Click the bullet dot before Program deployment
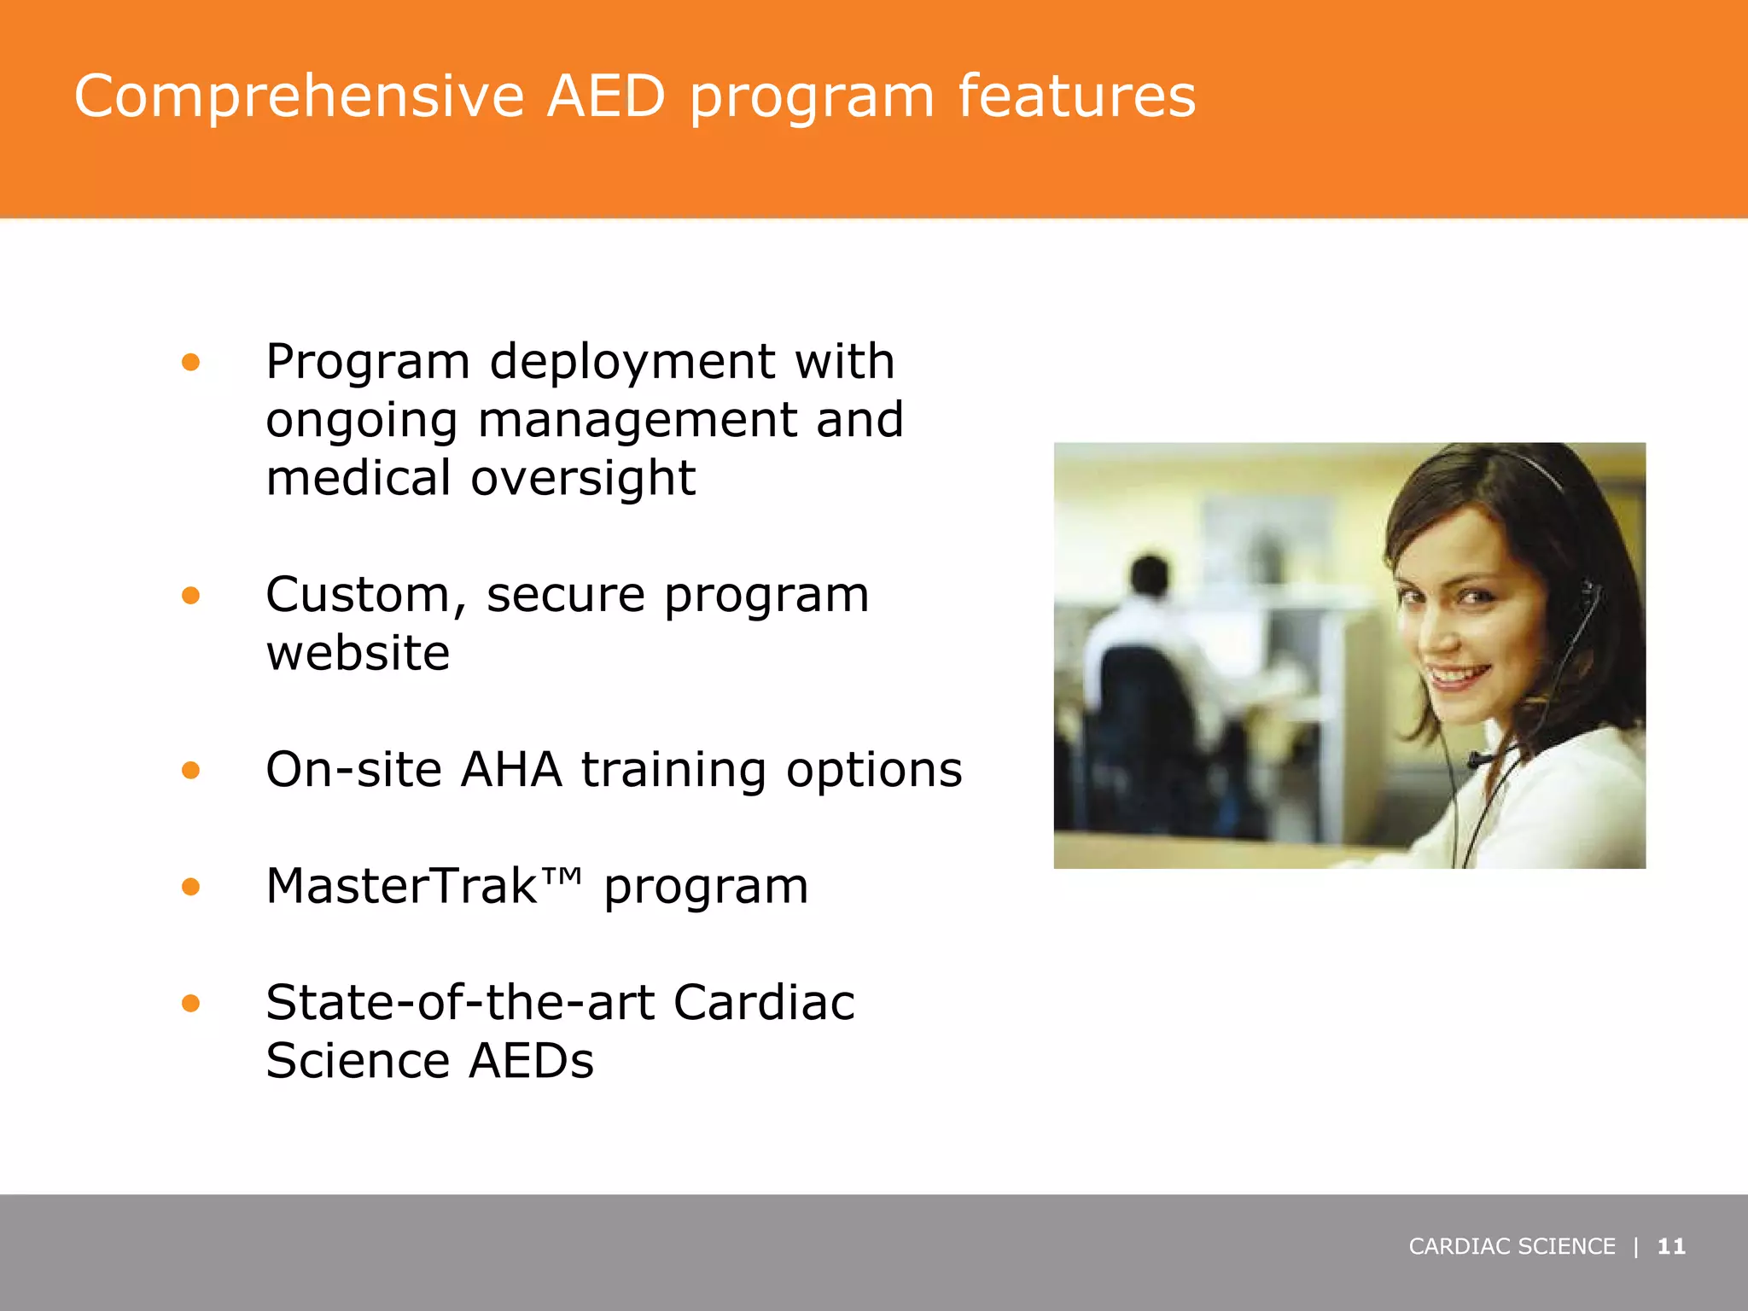click(x=190, y=363)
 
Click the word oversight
click(x=583, y=478)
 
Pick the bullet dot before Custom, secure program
click(x=190, y=595)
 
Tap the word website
click(x=358, y=654)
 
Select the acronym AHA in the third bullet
click(x=511, y=770)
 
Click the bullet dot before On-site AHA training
click(x=190, y=771)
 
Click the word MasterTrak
click(x=401, y=886)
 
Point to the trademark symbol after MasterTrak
click(x=563, y=876)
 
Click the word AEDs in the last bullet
click(x=531, y=1061)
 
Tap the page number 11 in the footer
click(x=1670, y=1247)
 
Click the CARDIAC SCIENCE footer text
click(x=1512, y=1247)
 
